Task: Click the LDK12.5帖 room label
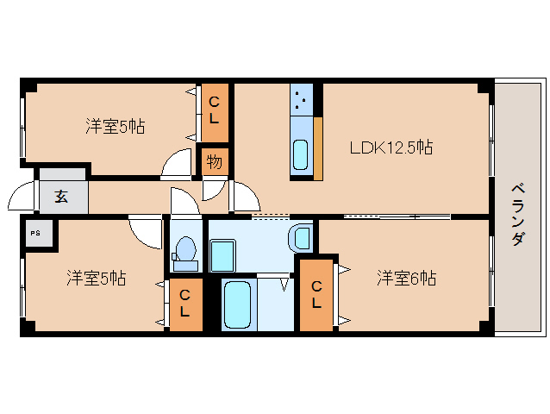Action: pos(391,147)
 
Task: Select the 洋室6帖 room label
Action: pos(405,278)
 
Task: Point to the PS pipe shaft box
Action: pos(36,233)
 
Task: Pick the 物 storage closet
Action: pos(214,160)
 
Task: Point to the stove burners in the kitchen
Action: pos(301,101)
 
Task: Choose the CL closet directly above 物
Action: pos(215,112)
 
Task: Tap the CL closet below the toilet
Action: pos(185,304)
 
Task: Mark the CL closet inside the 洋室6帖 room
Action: pos(316,295)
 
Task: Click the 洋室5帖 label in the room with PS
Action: pos(97,279)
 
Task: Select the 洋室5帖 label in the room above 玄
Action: pos(115,127)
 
